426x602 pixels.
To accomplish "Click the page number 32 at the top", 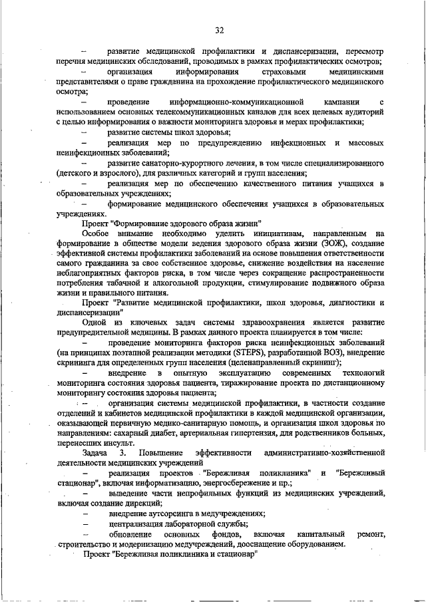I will click(x=219, y=30).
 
